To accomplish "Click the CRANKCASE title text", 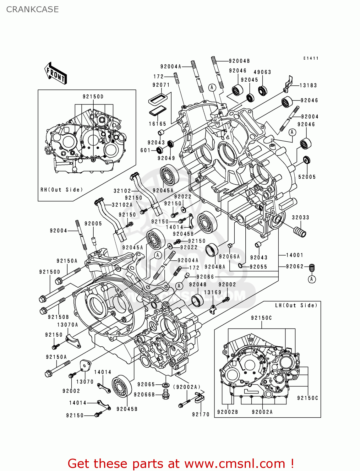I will click(32, 9).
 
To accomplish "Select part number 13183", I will click(308, 85).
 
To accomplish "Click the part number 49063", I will click(262, 72).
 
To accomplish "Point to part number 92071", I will click(161, 85).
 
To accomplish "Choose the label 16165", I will click(157, 124).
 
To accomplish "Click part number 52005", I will click(307, 177).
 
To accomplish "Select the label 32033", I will click(301, 217).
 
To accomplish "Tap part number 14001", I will click(294, 255).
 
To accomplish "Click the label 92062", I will click(295, 266).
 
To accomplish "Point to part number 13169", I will click(213, 292).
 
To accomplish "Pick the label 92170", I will click(201, 414).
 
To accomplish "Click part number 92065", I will click(146, 384).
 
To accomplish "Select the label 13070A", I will click(68, 325).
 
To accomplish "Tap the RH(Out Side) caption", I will click(62, 190).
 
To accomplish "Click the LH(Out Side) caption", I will click(296, 305).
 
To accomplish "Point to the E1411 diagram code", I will click(311, 58).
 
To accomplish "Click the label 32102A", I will click(122, 205).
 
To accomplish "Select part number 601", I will click(145, 150).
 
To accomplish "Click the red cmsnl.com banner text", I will click(181, 463).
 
